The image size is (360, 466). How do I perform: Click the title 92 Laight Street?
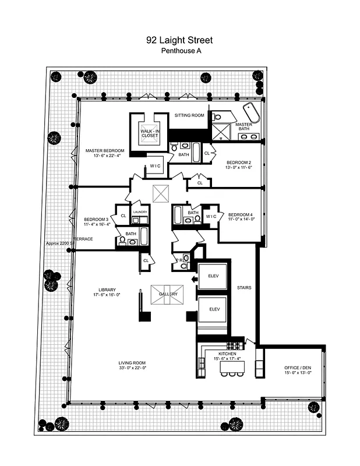pyautogui.click(x=179, y=40)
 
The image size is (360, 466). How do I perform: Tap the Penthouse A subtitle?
pyautogui.click(x=179, y=51)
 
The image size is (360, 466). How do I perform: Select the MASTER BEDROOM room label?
pyautogui.click(x=105, y=150)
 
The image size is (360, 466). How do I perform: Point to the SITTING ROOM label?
pyautogui.click(x=190, y=115)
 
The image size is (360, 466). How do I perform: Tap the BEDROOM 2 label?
pyautogui.click(x=239, y=162)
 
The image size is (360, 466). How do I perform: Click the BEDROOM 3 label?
pyautogui.click(x=94, y=220)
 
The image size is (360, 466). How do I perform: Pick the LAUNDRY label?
pyautogui.click(x=139, y=212)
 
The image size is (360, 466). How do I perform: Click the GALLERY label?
pyautogui.click(x=168, y=295)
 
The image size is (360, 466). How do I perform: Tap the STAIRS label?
pyautogui.click(x=244, y=287)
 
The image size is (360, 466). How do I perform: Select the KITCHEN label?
pyautogui.click(x=227, y=354)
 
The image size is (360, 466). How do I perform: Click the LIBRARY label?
pyautogui.click(x=107, y=290)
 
